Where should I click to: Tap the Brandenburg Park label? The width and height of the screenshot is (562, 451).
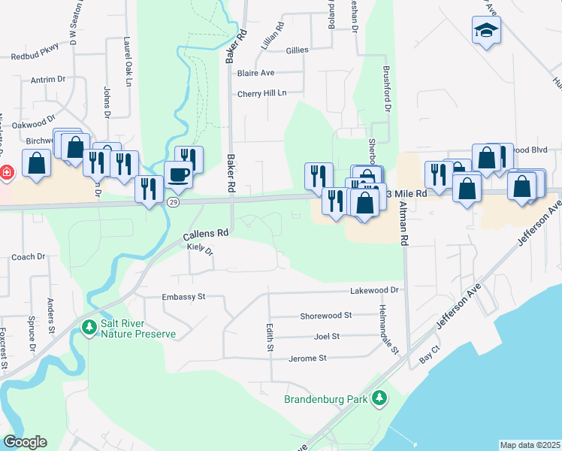tap(326, 399)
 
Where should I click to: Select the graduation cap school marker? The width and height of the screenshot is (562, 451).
tap(486, 32)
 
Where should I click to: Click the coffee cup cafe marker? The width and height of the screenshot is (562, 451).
tap(178, 174)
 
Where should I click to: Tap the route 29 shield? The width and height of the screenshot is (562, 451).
tap(174, 203)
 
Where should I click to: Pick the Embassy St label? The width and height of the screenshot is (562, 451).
tap(183, 297)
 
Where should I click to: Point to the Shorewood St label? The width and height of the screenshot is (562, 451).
tap(326, 316)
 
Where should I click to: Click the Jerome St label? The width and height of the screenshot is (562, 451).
tap(308, 359)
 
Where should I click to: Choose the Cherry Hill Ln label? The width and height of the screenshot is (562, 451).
tap(261, 93)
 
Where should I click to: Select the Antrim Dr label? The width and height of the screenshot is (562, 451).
tap(49, 78)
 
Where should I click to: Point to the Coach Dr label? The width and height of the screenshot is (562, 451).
tap(29, 257)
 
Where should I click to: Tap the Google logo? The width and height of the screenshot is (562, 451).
tap(25, 442)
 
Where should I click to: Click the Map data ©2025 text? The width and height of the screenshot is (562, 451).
tap(529, 445)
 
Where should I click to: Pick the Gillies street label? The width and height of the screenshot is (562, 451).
tap(297, 50)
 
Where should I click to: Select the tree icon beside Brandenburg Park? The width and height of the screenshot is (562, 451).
tap(380, 398)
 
